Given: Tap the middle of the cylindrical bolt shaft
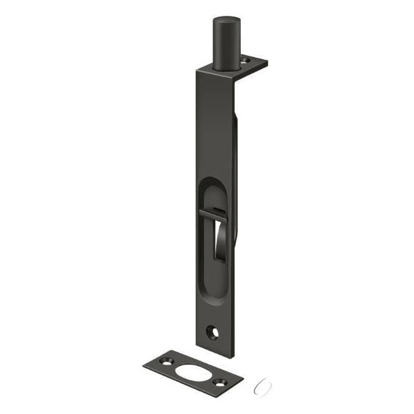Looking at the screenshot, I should click(x=226, y=43).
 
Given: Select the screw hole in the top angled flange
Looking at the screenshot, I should click(x=247, y=60).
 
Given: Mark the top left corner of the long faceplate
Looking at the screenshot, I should click(x=198, y=71).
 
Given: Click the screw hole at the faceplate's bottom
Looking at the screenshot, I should click(x=213, y=333).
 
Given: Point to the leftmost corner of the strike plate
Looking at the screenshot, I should click(x=143, y=365).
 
